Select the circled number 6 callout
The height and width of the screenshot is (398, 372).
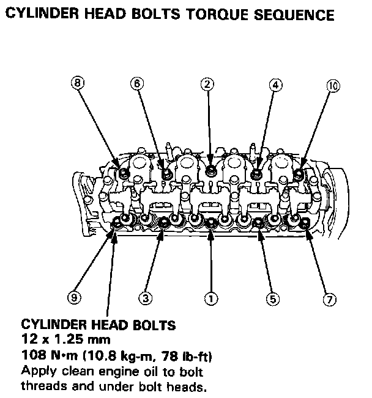[x=138, y=84]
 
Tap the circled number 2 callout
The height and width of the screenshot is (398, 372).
[x=208, y=84]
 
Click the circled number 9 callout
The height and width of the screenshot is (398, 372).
[x=73, y=298]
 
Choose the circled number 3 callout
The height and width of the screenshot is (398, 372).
[x=145, y=298]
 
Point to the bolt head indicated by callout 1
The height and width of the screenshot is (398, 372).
[x=210, y=222]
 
